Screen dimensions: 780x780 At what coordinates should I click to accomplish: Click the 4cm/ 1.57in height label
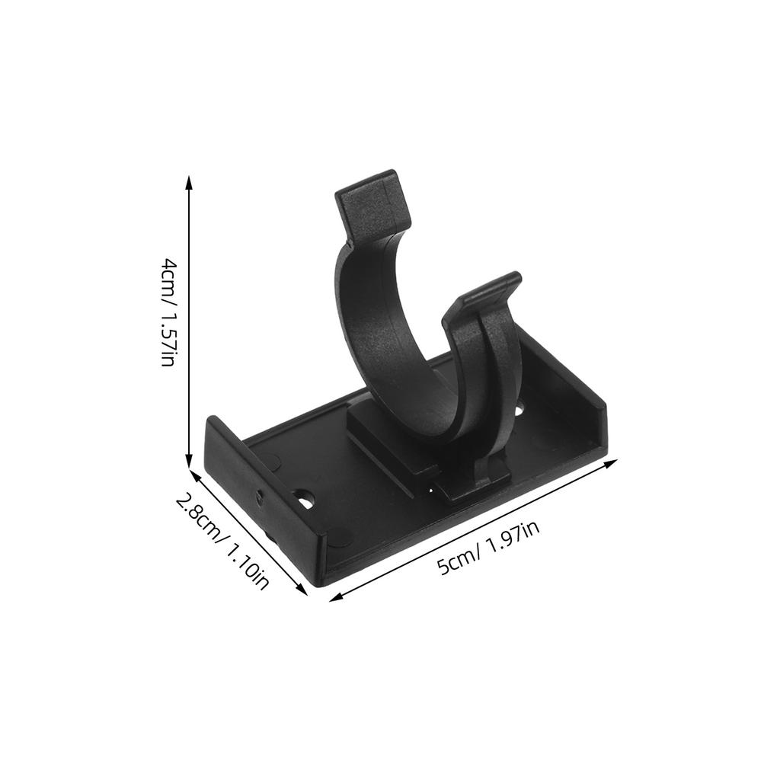(x=168, y=312)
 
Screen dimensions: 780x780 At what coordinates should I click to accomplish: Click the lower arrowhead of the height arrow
(x=190, y=462)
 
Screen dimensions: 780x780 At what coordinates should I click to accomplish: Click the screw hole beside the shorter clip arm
(x=519, y=411)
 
